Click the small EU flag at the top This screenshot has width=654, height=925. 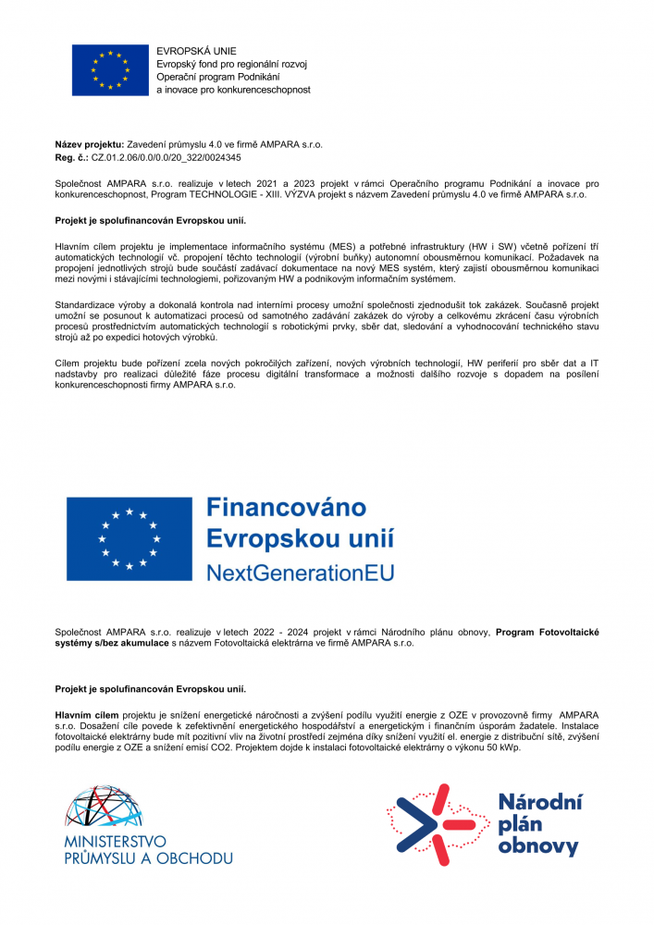click(110, 69)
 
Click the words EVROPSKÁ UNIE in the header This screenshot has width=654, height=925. click(196, 50)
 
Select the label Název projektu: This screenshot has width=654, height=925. click(89, 146)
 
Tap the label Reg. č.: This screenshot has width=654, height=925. click(71, 159)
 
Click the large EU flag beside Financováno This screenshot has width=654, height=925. click(130, 539)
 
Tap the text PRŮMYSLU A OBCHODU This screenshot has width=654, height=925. click(147, 858)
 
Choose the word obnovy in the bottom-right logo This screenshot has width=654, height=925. click(537, 845)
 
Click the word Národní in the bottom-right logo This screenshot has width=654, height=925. click(540, 801)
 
